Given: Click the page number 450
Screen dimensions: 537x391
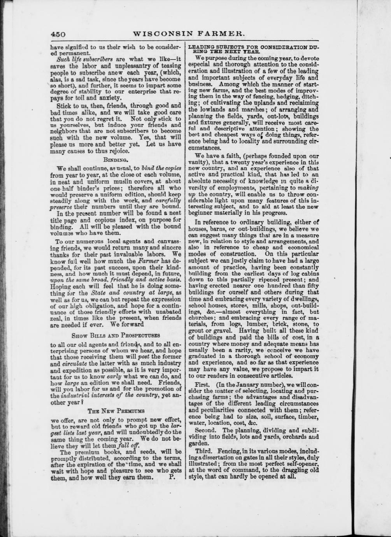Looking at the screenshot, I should coord(58,34).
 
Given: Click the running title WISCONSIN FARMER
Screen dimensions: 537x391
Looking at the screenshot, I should coord(189,34).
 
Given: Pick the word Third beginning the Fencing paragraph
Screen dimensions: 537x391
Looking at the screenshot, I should coord(203,451).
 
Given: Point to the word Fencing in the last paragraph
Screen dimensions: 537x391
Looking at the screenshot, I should coord(229,451).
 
